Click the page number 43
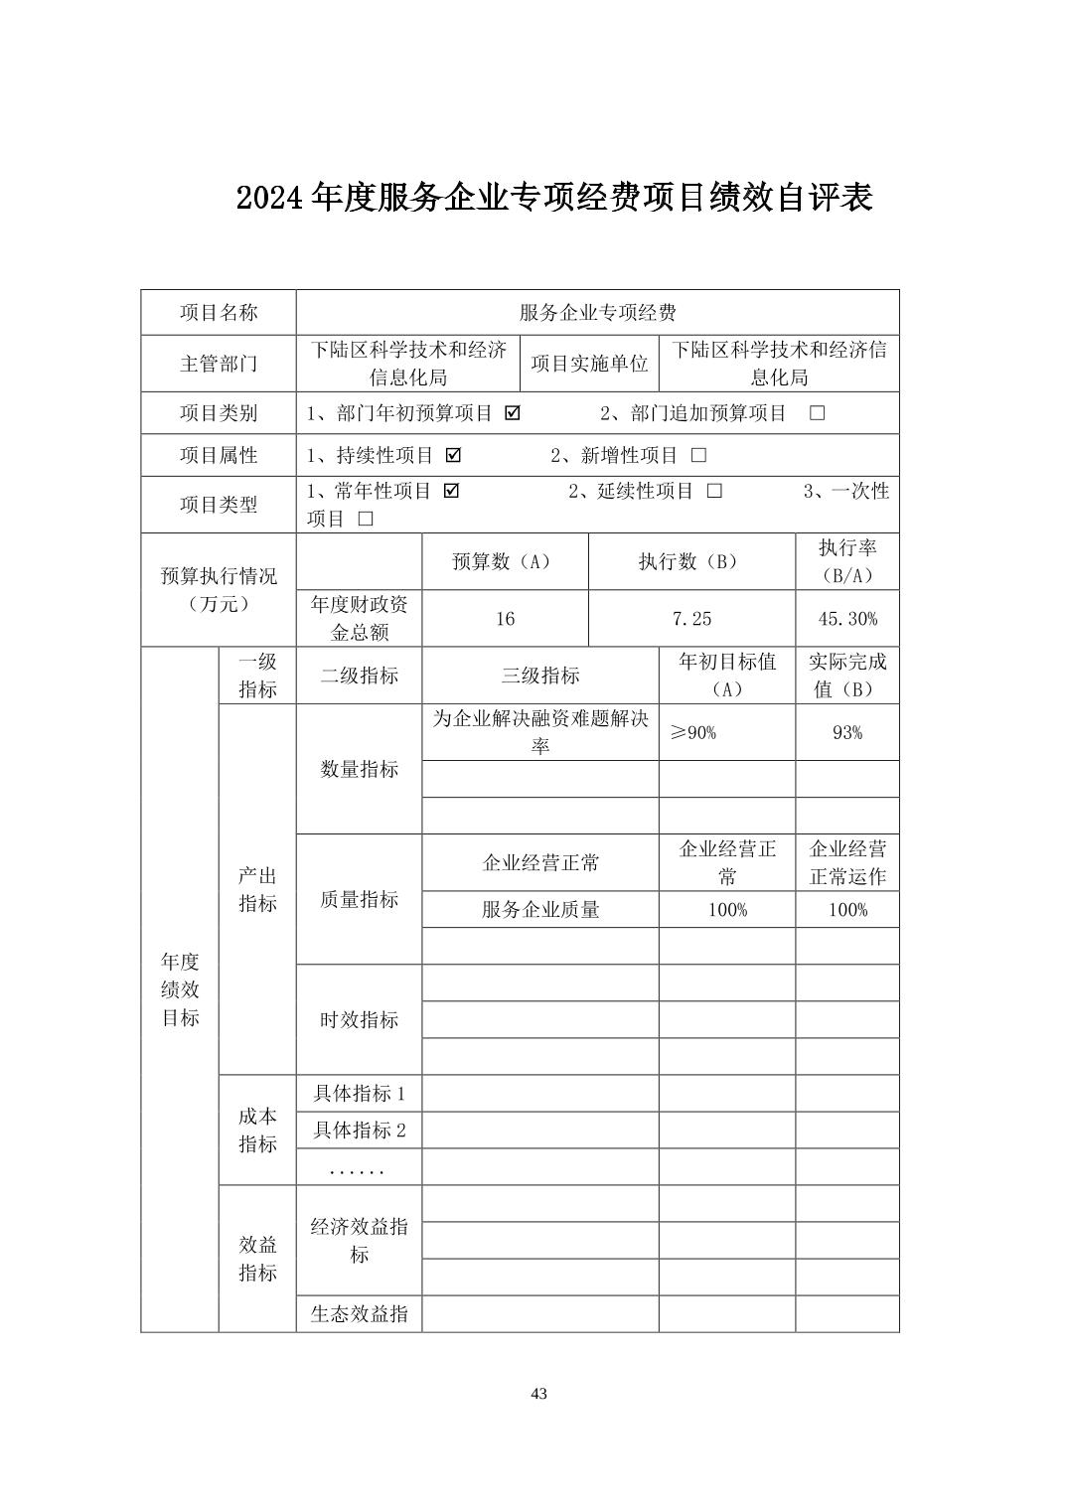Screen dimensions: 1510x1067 pyautogui.click(x=538, y=1393)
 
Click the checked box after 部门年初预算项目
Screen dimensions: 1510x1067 pyautogui.click(x=513, y=413)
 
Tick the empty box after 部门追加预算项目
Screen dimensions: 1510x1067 pyautogui.click(x=817, y=413)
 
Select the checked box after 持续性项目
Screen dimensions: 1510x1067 pyautogui.click(x=454, y=455)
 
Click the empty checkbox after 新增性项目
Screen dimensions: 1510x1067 pyautogui.click(x=698, y=455)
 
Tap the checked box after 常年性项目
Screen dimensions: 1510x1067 pyautogui.click(x=451, y=491)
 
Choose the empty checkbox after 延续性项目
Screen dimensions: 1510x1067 pyautogui.click(x=714, y=491)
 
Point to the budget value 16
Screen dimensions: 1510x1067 pyautogui.click(x=505, y=619)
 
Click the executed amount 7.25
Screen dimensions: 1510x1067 pyautogui.click(x=691, y=619)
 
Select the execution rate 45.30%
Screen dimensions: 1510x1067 pyautogui.click(x=846, y=619)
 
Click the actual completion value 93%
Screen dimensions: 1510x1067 pyautogui.click(x=846, y=733)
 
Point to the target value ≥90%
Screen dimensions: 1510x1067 pyautogui.click(x=693, y=733)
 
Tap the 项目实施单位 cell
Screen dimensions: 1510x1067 pyautogui.click(x=589, y=364)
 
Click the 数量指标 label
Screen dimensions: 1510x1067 pyautogui.click(x=359, y=769)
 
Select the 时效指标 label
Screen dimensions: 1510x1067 pyautogui.click(x=359, y=1019)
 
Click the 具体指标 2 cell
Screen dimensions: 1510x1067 pyautogui.click(x=359, y=1131)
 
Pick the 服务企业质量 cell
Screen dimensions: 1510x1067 pyautogui.click(x=540, y=910)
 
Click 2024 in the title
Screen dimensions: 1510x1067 pyautogui.click(x=270, y=198)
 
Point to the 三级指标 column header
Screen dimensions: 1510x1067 pyautogui.click(x=540, y=676)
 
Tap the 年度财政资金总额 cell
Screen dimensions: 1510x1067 pyautogui.click(x=359, y=619)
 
